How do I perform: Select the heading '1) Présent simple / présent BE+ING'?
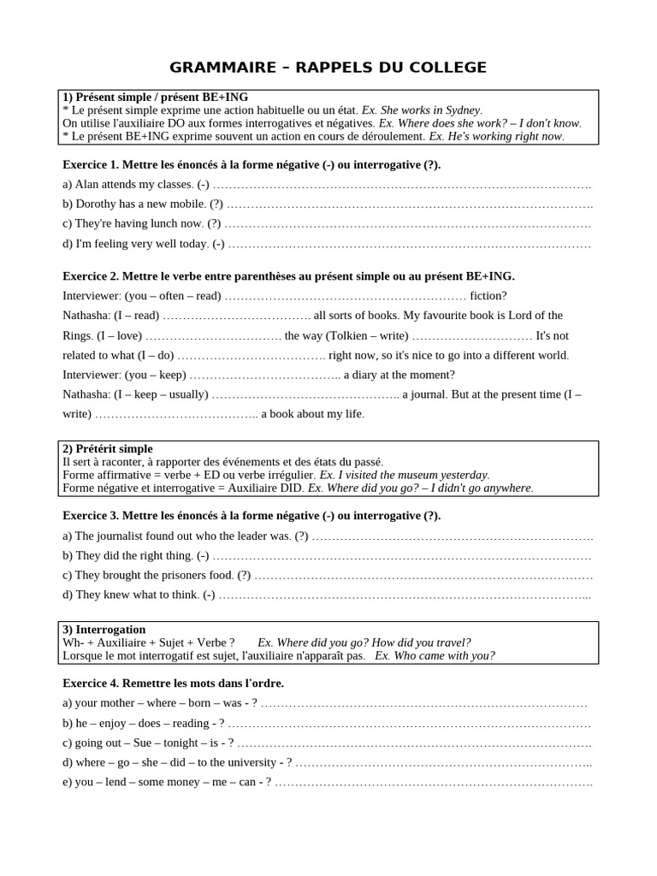[x=155, y=98]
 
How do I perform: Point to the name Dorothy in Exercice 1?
[x=100, y=204]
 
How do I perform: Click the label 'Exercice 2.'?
[x=92, y=276]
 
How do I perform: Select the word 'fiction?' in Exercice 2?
[x=488, y=296]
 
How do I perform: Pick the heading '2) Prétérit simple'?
[x=108, y=448]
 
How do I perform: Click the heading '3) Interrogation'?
[x=104, y=629]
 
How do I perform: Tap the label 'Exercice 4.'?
[x=92, y=684]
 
